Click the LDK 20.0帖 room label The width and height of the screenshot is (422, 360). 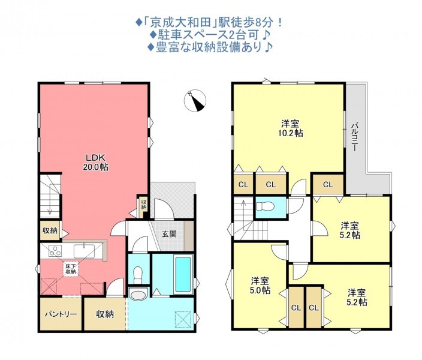point(95,163)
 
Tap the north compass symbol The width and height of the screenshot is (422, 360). point(195,101)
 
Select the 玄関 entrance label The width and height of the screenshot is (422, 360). point(169,234)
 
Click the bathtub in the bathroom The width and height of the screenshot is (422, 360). point(183,274)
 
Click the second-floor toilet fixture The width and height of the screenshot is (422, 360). point(266,206)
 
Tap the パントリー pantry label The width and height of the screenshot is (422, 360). point(61,314)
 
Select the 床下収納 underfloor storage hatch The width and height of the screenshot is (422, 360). point(71,269)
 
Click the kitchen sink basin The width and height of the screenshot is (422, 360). point(85,251)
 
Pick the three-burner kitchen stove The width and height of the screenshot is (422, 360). point(55,251)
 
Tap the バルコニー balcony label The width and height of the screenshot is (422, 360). point(355,137)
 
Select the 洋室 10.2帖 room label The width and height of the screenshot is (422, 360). point(290,128)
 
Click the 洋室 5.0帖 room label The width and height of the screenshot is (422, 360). point(260,286)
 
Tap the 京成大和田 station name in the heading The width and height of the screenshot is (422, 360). point(180,22)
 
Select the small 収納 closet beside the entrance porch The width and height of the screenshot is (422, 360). point(143,205)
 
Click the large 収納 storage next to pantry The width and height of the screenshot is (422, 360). point(105,314)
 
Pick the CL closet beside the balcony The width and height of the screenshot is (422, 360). point(328,184)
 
